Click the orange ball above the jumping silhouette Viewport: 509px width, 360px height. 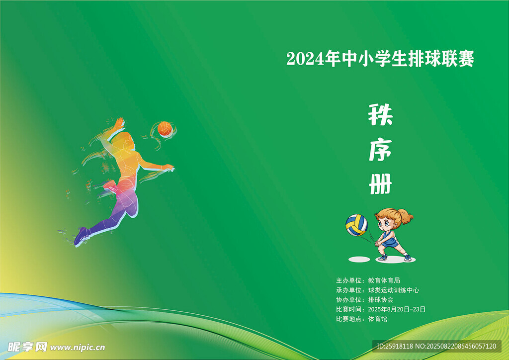tap(165, 129)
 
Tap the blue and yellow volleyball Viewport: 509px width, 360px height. tap(356, 225)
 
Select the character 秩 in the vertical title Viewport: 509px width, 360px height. tap(380, 114)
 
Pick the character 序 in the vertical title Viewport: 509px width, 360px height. tap(380, 150)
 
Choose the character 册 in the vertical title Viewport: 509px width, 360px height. tap(380, 184)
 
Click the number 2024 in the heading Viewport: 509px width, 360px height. tap(305, 59)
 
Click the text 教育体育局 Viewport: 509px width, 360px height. tap(384, 280)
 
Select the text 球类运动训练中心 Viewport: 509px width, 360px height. tap(394, 290)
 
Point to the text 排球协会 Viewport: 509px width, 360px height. tap(381, 300)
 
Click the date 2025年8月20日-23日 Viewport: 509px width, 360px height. tap(397, 309)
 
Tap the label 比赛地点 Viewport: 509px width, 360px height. tap(348, 319)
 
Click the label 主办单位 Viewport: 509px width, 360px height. tap(348, 280)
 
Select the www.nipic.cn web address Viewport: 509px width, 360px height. tap(78, 348)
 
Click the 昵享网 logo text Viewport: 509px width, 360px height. tap(27, 347)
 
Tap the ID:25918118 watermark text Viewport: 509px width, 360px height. tap(395, 347)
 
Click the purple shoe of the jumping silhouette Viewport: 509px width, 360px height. tap(81, 236)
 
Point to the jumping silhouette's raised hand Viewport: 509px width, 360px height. tap(119, 123)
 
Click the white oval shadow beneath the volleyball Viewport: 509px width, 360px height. tap(359, 260)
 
